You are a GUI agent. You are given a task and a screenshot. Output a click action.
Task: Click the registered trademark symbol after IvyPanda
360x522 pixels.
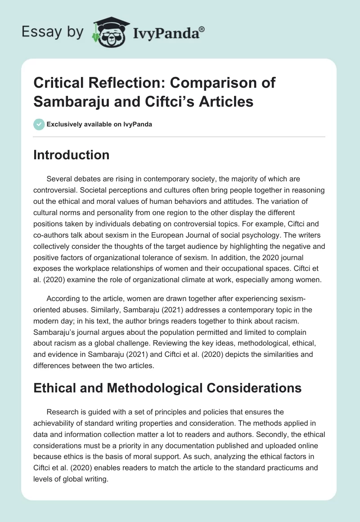202,28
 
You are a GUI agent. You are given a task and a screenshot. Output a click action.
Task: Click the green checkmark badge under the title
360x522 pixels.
39,124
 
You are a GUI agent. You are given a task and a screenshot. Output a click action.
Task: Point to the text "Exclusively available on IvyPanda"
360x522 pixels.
99,125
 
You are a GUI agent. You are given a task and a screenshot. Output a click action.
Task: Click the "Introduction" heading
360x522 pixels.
72,155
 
